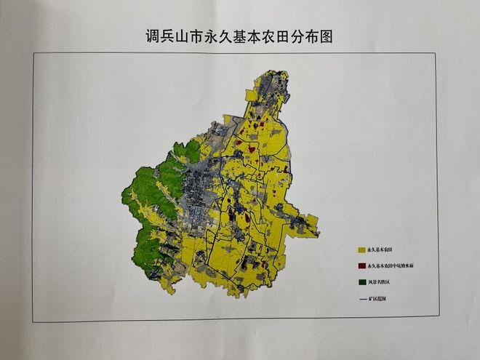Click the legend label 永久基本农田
381,249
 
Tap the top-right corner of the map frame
436,53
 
